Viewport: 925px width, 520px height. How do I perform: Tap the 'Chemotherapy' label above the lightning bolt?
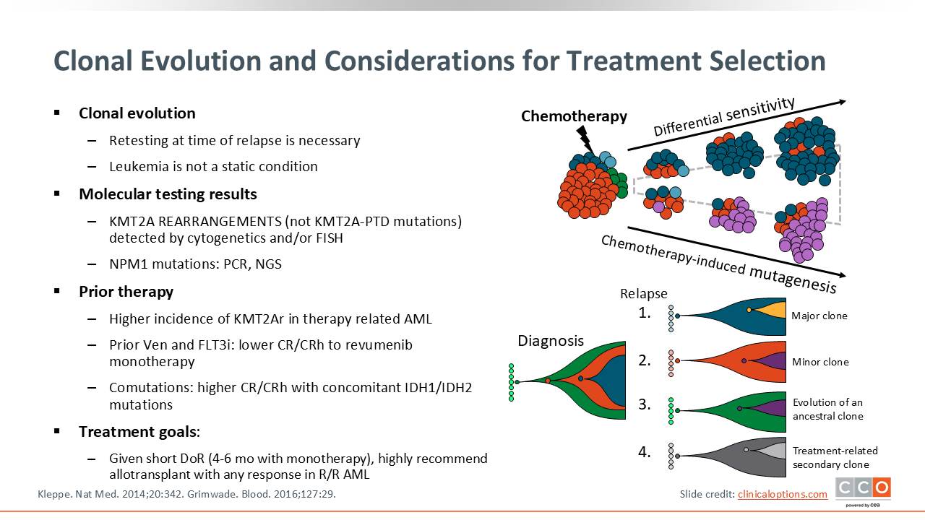point(574,116)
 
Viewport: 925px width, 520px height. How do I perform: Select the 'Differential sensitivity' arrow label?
point(724,116)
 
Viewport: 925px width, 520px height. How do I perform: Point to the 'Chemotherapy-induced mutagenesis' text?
point(718,264)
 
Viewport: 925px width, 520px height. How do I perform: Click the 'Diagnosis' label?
point(551,341)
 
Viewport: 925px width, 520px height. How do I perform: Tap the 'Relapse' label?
point(643,294)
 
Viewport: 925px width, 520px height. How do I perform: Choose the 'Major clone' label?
point(819,316)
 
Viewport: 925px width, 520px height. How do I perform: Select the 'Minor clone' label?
point(820,362)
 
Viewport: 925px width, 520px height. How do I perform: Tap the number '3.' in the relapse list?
point(645,405)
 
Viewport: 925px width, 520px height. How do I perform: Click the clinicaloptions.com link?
point(782,494)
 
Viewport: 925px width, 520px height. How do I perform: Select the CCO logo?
point(863,489)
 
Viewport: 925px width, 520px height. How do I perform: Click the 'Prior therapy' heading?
point(126,292)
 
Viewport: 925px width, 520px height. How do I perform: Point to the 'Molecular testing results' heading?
point(168,194)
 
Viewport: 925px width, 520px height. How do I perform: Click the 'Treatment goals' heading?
point(138,432)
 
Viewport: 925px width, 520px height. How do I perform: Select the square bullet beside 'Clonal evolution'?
point(57,113)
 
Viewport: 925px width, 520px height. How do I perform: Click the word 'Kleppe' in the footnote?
point(54,494)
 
